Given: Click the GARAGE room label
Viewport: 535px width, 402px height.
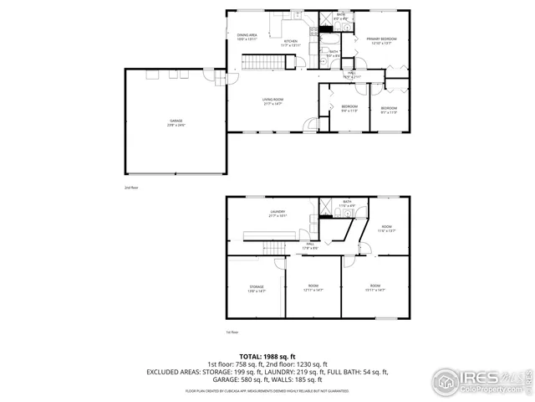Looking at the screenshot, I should (176, 122).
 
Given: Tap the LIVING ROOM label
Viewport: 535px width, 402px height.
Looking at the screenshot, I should (273, 101).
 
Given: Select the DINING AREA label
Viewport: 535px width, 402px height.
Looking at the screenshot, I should (247, 36).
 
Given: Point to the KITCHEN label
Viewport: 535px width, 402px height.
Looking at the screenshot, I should (290, 43).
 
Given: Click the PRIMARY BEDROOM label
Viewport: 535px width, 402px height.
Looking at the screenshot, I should (380, 41).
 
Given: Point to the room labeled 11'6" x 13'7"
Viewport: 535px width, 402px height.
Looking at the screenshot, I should (386, 229).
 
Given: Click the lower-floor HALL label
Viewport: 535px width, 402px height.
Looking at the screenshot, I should (309, 245).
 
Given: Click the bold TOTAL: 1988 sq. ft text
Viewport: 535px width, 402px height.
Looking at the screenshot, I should (267, 356).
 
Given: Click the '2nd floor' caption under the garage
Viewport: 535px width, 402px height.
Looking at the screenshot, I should (131, 188).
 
